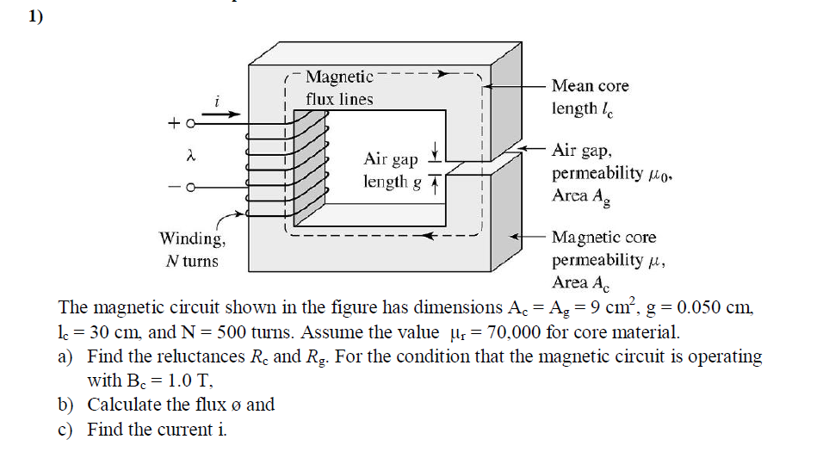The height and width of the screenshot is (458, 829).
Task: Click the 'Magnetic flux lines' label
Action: [x=339, y=89]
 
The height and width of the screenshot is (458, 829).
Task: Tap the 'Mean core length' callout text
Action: [x=590, y=97]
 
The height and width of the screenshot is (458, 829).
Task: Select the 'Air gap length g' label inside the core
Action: [x=393, y=170]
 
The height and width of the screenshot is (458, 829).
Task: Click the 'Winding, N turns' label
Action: [x=193, y=249]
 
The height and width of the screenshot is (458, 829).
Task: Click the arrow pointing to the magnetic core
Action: [x=527, y=235]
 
